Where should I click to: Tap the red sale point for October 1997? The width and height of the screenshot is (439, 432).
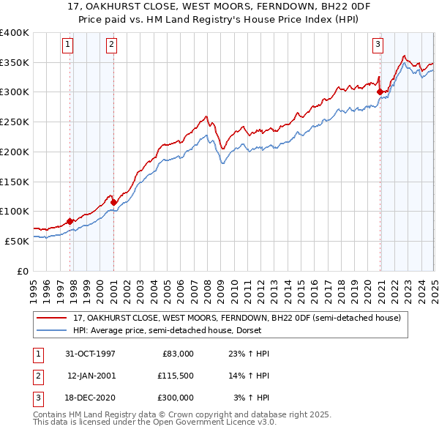pos(70,221)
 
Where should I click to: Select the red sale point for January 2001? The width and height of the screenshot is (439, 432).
pos(114,202)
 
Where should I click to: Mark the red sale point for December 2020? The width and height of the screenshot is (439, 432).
pos(380,92)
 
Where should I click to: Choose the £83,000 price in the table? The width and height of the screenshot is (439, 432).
pos(176,354)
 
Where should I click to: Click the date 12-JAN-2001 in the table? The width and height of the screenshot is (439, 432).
pos(91,376)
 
